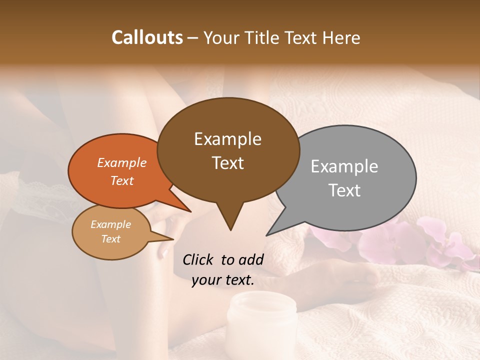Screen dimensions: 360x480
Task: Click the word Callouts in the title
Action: pyautogui.click(x=147, y=37)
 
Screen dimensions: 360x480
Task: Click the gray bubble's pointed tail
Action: pyautogui.click(x=268, y=234)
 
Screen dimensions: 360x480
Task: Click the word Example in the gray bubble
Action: pyautogui.click(x=344, y=166)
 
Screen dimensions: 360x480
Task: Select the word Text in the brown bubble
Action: pyautogui.click(x=228, y=163)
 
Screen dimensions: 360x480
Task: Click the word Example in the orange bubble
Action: pyautogui.click(x=121, y=162)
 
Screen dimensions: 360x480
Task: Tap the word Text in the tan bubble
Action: pyautogui.click(x=110, y=239)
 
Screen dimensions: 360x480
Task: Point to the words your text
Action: pyautogui.click(x=223, y=280)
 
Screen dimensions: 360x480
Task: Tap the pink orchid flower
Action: pyautogui.click(x=395, y=240)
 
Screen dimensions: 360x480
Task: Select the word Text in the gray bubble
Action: pyautogui.click(x=344, y=190)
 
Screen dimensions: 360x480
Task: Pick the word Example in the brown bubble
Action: pyautogui.click(x=227, y=139)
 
